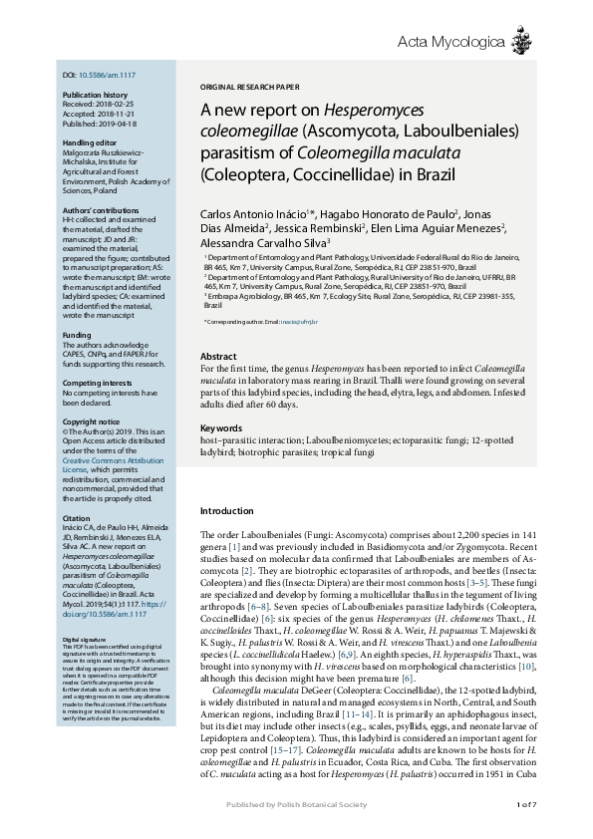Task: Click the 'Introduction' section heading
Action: [227, 510]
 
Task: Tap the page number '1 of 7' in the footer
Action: [526, 804]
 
